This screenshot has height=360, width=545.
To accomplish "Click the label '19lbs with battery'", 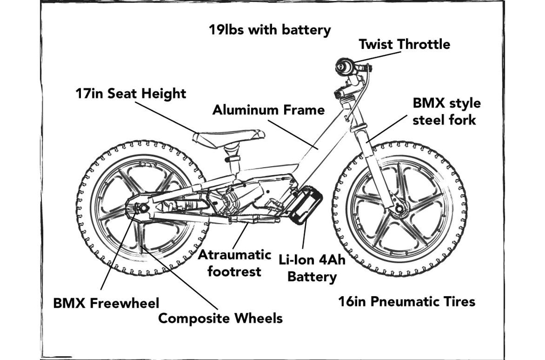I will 269,30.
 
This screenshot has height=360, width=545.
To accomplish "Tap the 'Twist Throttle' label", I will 404,44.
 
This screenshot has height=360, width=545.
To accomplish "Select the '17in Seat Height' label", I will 130,94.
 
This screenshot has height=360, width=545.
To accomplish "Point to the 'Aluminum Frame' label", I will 268,110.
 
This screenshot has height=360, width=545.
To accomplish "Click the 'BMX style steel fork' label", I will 446,111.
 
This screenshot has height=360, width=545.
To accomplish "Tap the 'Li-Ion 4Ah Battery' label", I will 312,268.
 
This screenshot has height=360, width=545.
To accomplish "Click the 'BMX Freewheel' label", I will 106,304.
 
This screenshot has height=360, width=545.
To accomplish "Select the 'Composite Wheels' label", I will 220,318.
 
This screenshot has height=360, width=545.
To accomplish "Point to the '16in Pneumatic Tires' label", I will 407,302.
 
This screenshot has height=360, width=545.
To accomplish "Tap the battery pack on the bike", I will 306,203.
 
